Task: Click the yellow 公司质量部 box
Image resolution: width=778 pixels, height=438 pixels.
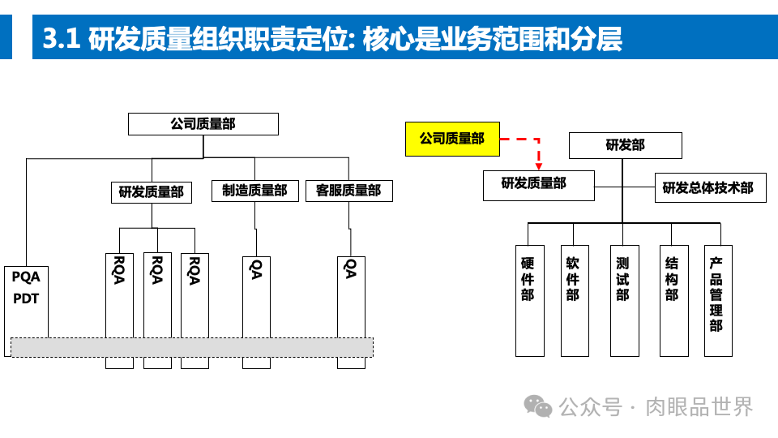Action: [x=452, y=139]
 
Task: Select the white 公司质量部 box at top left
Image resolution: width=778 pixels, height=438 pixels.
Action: [x=203, y=124]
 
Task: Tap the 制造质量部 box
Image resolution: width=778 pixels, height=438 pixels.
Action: [x=254, y=191]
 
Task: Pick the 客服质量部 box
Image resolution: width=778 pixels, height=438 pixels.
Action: [x=348, y=191]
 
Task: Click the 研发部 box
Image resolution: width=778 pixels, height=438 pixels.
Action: [x=625, y=145]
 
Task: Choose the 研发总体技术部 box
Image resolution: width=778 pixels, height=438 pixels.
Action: [x=707, y=187]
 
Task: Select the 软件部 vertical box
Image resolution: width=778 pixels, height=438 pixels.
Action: [x=574, y=299]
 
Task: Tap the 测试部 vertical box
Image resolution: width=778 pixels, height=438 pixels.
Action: [x=622, y=299]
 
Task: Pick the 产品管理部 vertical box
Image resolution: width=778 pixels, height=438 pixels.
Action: [x=716, y=299]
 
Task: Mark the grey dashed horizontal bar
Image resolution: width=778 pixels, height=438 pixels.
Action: [x=191, y=346]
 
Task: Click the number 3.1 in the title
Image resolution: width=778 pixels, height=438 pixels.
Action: [x=60, y=39]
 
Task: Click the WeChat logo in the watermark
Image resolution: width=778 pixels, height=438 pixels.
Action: [x=538, y=406]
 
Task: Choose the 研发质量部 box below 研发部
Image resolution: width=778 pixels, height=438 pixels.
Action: [x=538, y=184]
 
